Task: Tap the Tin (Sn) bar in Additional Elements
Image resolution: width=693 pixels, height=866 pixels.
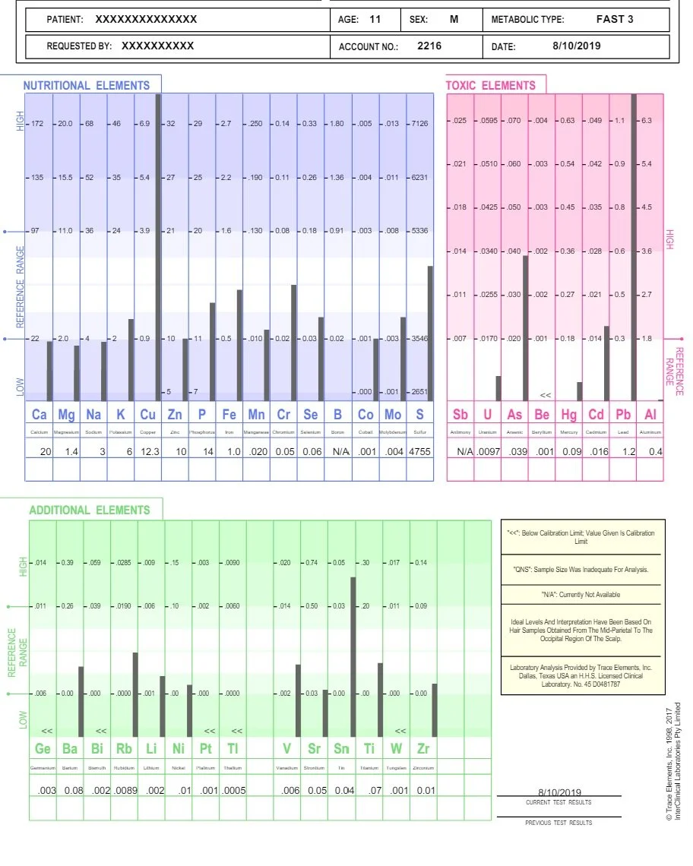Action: pyautogui.click(x=353, y=657)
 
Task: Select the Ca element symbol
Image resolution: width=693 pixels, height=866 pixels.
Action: pyautogui.click(x=40, y=415)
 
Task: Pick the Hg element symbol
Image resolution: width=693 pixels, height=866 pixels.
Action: pyautogui.click(x=569, y=415)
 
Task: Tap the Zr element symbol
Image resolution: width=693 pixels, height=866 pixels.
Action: pyautogui.click(x=423, y=749)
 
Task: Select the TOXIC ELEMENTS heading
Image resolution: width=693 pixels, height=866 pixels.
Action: pyautogui.click(x=490, y=86)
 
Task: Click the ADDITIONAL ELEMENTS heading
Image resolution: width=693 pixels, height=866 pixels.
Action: pyautogui.click(x=90, y=510)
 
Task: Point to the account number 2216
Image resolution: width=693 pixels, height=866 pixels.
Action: pyautogui.click(x=429, y=46)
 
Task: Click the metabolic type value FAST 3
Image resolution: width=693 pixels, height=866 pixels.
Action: pyautogui.click(x=615, y=19)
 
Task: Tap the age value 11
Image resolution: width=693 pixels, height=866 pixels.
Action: pyautogui.click(x=375, y=19)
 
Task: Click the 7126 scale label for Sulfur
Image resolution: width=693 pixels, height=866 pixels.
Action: pyautogui.click(x=419, y=123)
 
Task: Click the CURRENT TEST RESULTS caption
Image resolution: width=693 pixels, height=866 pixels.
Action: pyautogui.click(x=559, y=802)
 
